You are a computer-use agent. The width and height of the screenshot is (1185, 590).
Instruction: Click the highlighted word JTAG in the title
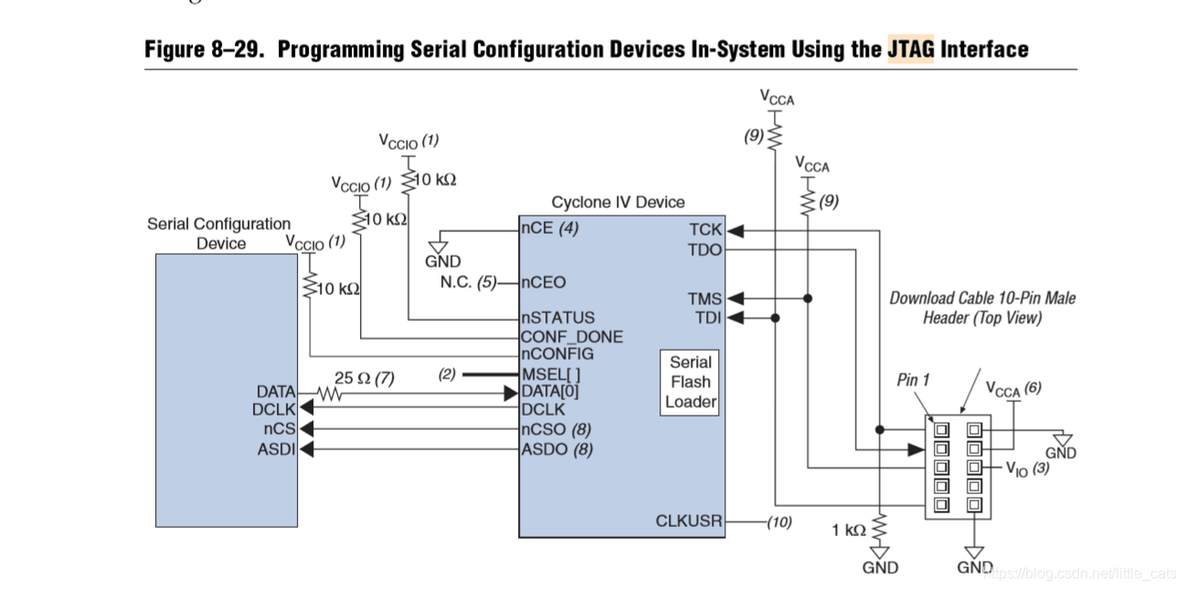911,48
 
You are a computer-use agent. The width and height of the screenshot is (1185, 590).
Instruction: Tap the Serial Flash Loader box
691,382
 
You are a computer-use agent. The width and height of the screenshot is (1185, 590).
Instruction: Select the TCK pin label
705,230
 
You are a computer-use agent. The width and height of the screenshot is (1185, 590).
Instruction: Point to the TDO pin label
704,249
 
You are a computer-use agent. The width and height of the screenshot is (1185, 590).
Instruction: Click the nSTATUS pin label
557,318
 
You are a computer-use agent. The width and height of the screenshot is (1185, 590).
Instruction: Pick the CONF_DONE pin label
572,336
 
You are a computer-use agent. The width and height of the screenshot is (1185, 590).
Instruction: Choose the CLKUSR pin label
689,522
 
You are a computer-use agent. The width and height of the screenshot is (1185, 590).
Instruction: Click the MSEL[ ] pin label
551,374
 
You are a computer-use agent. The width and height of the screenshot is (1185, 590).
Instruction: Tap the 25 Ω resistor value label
364,378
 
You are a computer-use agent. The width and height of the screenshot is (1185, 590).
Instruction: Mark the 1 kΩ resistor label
849,530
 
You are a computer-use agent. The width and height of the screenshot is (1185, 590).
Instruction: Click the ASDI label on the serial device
276,448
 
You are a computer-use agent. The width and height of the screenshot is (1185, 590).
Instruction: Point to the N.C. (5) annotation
468,282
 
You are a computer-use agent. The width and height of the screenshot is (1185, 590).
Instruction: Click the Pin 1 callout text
913,380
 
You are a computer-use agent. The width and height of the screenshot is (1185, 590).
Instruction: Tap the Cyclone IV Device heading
618,202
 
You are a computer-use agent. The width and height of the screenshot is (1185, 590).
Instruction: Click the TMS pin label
704,299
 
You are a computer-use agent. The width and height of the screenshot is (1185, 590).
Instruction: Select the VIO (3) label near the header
1027,469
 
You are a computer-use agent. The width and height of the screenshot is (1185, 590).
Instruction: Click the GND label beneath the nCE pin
443,261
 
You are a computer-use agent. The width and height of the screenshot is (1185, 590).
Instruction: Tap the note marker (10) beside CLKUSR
778,522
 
